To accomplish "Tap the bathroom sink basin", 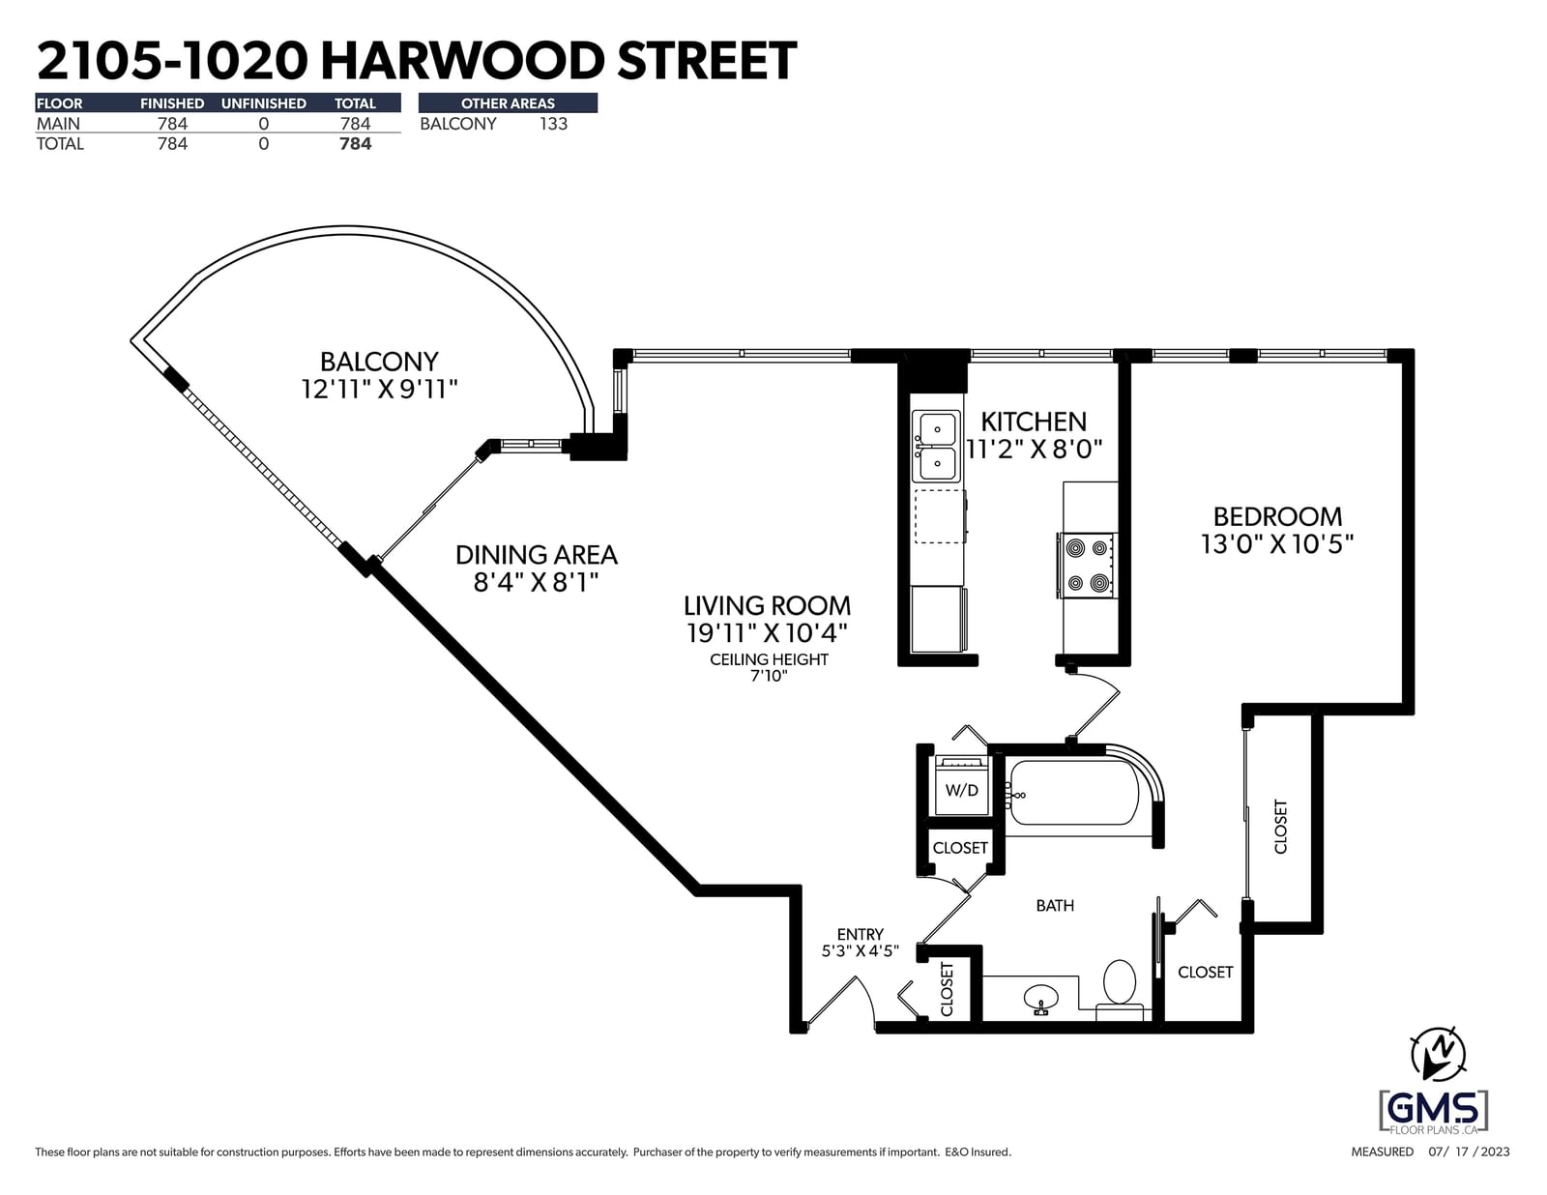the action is point(1040,998).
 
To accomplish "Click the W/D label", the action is point(962,790).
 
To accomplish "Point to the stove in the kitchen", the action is point(1088,566).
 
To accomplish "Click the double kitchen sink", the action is point(937,447).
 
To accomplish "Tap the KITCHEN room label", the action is point(1034,423).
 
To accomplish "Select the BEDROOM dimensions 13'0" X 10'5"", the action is point(1277,544).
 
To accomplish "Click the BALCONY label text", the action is point(379,362).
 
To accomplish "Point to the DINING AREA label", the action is point(536,555).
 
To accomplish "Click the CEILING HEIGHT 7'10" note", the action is point(769,668).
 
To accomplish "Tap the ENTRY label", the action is point(860,935).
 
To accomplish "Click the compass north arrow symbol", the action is point(1438,1054).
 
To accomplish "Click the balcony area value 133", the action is point(553,124).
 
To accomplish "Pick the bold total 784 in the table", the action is point(355,144).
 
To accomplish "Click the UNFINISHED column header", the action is point(263,103).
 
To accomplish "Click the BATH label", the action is point(1055,906).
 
